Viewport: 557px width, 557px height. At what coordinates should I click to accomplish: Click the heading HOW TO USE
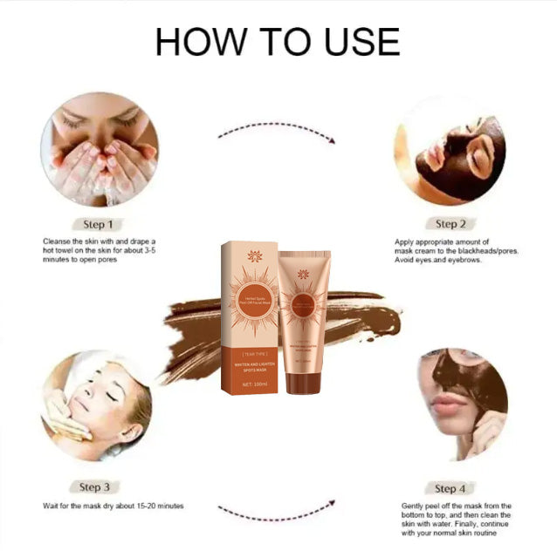tap(278, 41)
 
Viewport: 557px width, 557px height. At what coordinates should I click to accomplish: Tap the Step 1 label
tap(97, 224)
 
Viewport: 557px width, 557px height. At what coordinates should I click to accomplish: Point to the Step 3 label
tap(95, 487)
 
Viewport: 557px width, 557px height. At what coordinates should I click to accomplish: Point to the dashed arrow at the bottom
tap(277, 509)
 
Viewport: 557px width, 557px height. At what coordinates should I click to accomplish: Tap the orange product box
tap(250, 319)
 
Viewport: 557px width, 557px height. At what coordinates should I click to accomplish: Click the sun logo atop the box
tap(255, 256)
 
